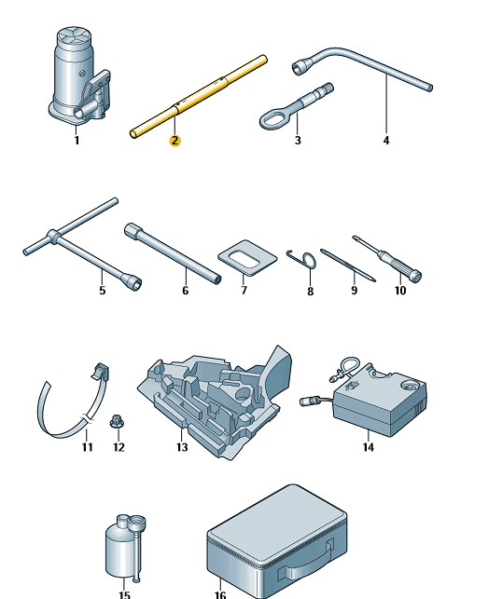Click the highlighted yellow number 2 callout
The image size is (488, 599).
click(x=174, y=141)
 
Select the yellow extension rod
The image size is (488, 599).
click(x=198, y=97)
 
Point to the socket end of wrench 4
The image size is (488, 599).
click(x=300, y=67)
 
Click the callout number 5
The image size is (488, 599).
click(x=103, y=291)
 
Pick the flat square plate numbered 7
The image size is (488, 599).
click(x=247, y=257)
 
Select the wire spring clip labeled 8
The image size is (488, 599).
click(x=302, y=259)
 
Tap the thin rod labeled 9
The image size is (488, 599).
click(x=347, y=265)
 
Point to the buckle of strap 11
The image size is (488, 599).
click(x=100, y=372)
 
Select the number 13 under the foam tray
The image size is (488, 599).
click(x=182, y=446)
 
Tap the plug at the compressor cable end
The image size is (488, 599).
click(x=307, y=402)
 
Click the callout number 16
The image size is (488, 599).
click(x=220, y=594)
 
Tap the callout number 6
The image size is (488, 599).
click(x=186, y=291)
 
